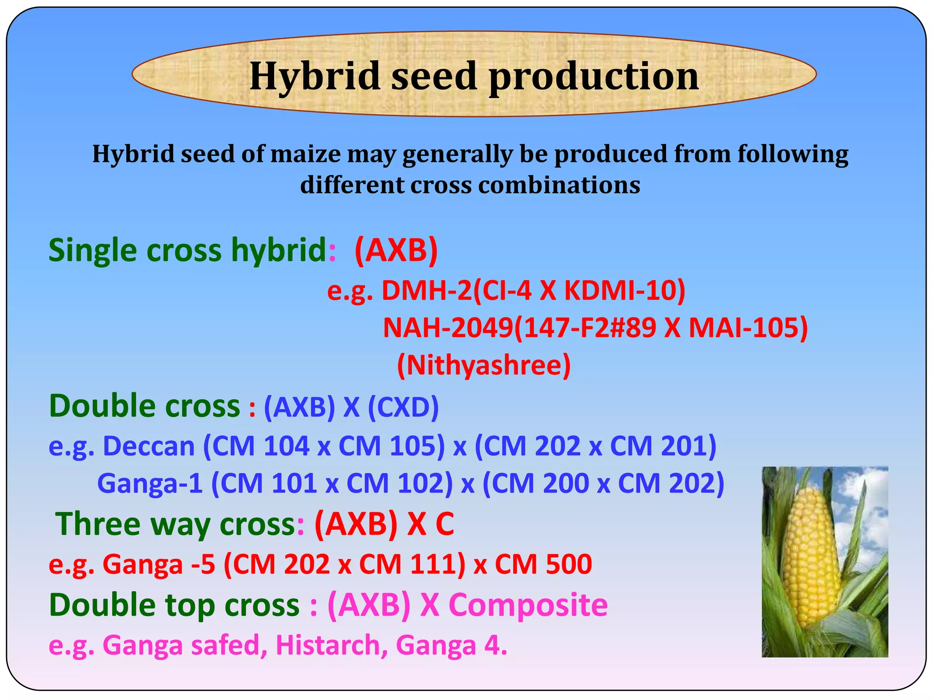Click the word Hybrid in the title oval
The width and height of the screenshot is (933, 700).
tap(314, 76)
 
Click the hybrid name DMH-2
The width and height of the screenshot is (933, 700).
tap(427, 290)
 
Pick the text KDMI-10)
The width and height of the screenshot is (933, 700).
tap(625, 290)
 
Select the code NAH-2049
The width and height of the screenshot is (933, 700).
tap(448, 328)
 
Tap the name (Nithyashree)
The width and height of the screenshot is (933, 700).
tap(484, 365)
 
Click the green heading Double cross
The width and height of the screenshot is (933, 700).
tap(144, 406)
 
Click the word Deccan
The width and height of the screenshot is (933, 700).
tap(149, 446)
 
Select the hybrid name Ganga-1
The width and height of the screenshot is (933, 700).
tap(150, 483)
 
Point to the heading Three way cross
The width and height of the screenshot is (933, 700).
tap(175, 524)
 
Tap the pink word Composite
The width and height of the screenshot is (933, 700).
tap(528, 605)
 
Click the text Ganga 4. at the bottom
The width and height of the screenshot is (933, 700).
tap(451, 645)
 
